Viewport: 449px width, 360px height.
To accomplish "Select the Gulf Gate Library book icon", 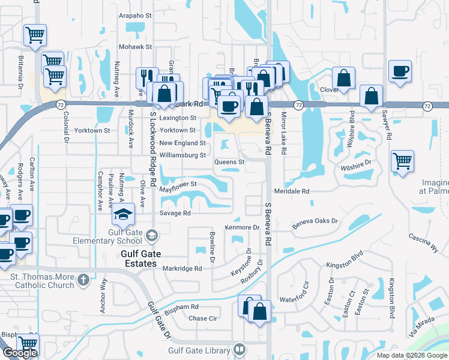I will (240, 349).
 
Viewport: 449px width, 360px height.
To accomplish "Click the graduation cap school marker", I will (122, 214).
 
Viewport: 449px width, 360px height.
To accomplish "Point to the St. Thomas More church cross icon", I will (83, 279).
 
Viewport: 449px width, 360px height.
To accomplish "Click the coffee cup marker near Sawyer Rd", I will (399, 71).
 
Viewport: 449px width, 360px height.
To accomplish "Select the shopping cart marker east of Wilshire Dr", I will (402, 160).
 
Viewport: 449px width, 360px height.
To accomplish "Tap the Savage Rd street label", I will (175, 213).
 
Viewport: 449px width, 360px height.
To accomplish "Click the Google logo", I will (20, 353).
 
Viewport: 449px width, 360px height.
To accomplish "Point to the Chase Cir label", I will (202, 319).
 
